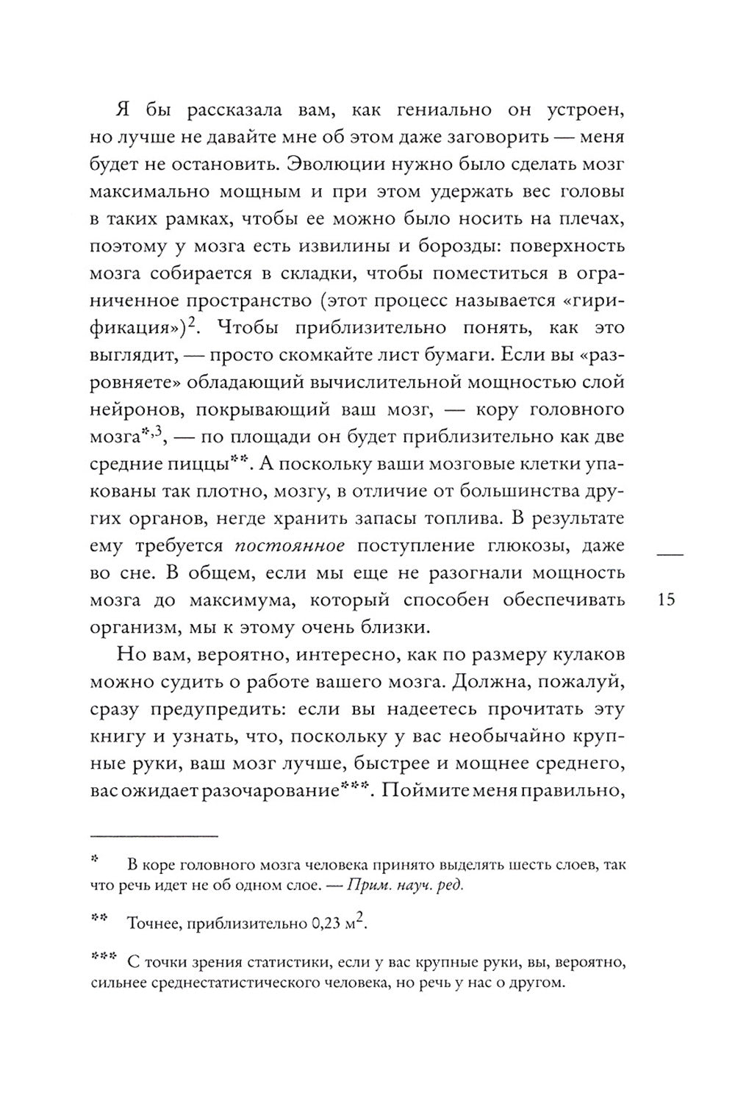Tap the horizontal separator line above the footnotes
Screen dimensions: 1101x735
point(154,835)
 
